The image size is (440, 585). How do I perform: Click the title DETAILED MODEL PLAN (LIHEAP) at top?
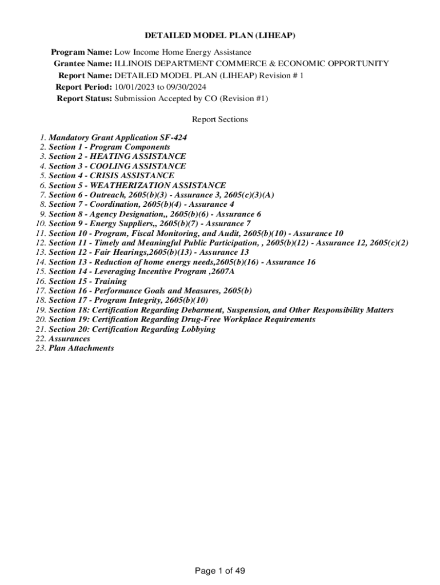pyautogui.click(x=220, y=35)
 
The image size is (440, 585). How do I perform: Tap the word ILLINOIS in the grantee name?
pyautogui.click(x=133, y=63)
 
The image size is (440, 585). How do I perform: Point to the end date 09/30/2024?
pyautogui.click(x=185, y=87)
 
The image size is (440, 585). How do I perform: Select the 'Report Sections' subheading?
pyautogui.click(x=220, y=119)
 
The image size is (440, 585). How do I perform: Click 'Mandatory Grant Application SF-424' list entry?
pyautogui.click(x=118, y=138)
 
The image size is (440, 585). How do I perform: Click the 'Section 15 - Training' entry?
pyautogui.click(x=87, y=281)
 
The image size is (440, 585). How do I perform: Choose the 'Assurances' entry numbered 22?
pyautogui.click(x=69, y=339)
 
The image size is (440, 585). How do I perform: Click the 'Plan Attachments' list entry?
pyautogui.click(x=81, y=348)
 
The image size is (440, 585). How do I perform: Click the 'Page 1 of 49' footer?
pyautogui.click(x=220, y=571)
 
